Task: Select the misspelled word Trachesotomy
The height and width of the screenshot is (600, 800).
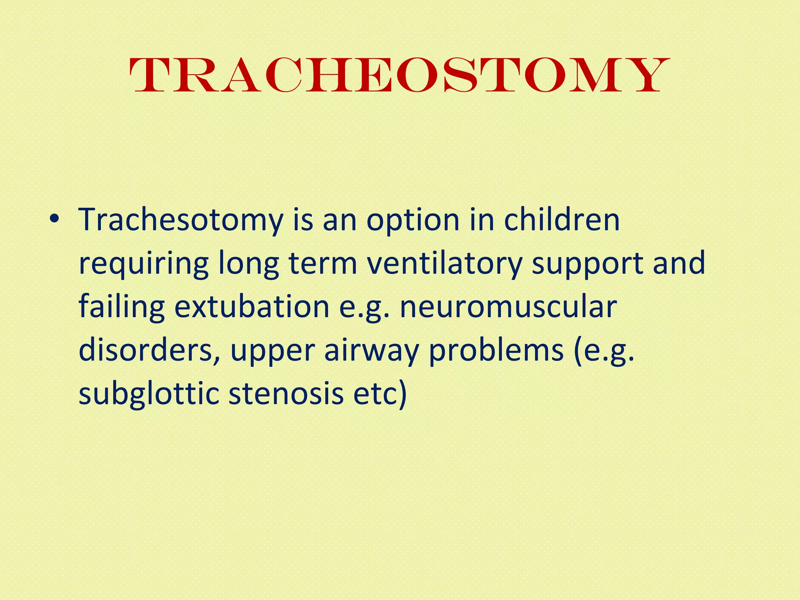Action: [181, 221]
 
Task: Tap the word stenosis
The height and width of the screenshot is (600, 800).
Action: [286, 394]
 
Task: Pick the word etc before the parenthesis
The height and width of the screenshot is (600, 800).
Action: [375, 394]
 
